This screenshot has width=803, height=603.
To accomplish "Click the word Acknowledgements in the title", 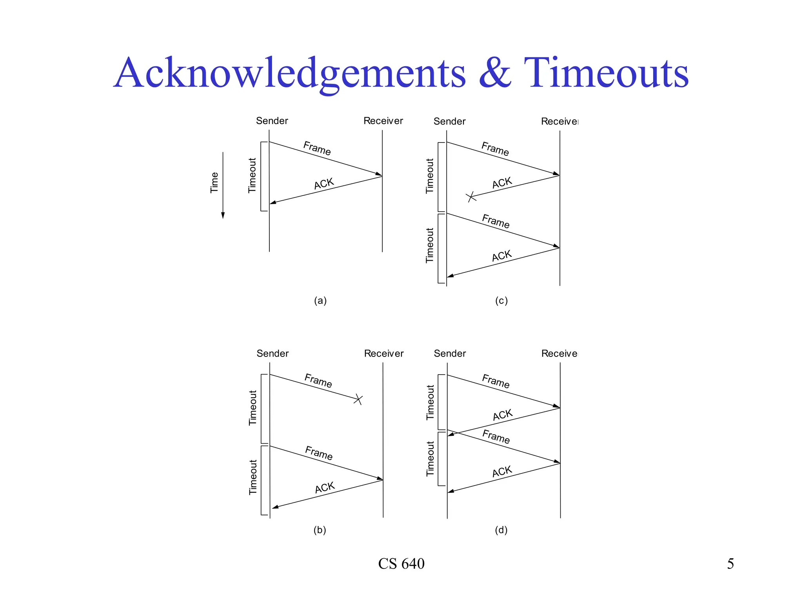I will pyautogui.click(x=290, y=73).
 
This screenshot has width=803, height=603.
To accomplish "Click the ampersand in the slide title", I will pyautogui.click(x=495, y=73).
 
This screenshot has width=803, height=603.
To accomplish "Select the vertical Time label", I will pyautogui.click(x=214, y=183).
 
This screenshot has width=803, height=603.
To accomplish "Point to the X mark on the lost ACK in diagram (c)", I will pyautogui.click(x=471, y=197).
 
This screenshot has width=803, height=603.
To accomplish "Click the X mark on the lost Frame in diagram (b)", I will pyautogui.click(x=358, y=400).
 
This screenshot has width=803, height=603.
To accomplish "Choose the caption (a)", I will pyautogui.click(x=320, y=301).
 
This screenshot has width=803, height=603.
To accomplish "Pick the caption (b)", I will pyautogui.click(x=320, y=530).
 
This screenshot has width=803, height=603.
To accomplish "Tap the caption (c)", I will pyautogui.click(x=501, y=301).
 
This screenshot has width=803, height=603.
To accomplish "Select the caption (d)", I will pyautogui.click(x=501, y=530).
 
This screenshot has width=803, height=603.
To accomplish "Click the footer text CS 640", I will pyautogui.click(x=401, y=564).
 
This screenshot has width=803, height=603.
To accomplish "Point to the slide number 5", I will pyautogui.click(x=730, y=564).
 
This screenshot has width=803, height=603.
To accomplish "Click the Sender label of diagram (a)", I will pyautogui.click(x=272, y=121).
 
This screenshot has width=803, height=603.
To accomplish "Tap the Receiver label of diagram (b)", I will pyautogui.click(x=384, y=353).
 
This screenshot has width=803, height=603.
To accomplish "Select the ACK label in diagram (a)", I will pyautogui.click(x=324, y=183).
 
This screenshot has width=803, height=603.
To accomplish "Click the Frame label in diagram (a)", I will pyautogui.click(x=317, y=148).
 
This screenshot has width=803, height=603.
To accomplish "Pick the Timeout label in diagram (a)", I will pyautogui.click(x=252, y=175).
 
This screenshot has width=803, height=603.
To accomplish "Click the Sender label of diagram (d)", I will pyautogui.click(x=450, y=353).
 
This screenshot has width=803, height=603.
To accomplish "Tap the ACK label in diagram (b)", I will pyautogui.click(x=325, y=488).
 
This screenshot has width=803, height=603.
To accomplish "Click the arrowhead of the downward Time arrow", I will pyautogui.click(x=223, y=215).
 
